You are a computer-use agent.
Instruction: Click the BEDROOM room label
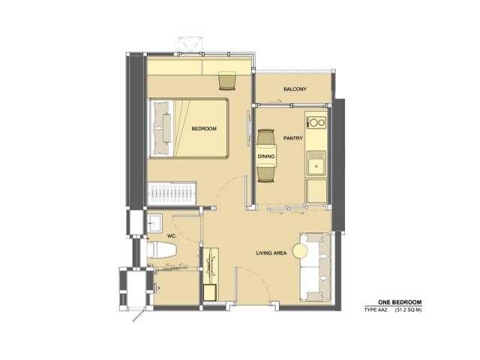click(204, 129)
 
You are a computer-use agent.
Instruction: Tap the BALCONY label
click(295, 89)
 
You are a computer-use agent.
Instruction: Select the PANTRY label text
click(293, 138)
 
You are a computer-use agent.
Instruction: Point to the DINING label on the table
click(266, 157)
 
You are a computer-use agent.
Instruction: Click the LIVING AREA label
click(271, 253)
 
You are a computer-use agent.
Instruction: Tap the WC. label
click(172, 236)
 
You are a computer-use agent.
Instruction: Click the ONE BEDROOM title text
click(400, 302)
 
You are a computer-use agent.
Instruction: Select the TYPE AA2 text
click(376, 310)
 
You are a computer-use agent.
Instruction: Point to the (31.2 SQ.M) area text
click(408, 310)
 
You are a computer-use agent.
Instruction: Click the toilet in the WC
click(162, 250)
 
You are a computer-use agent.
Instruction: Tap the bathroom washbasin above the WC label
click(154, 223)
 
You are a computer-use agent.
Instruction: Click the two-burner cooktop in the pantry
click(316, 123)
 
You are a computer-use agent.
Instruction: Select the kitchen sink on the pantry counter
click(316, 163)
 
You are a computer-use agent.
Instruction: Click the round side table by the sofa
click(300, 251)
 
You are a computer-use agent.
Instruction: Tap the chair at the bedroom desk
click(226, 80)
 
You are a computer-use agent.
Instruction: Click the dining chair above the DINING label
click(265, 136)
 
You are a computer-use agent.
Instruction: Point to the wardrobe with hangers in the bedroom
click(172, 193)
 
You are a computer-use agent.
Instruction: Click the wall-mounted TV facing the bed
click(248, 128)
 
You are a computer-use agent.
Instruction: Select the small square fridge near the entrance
click(210, 292)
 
